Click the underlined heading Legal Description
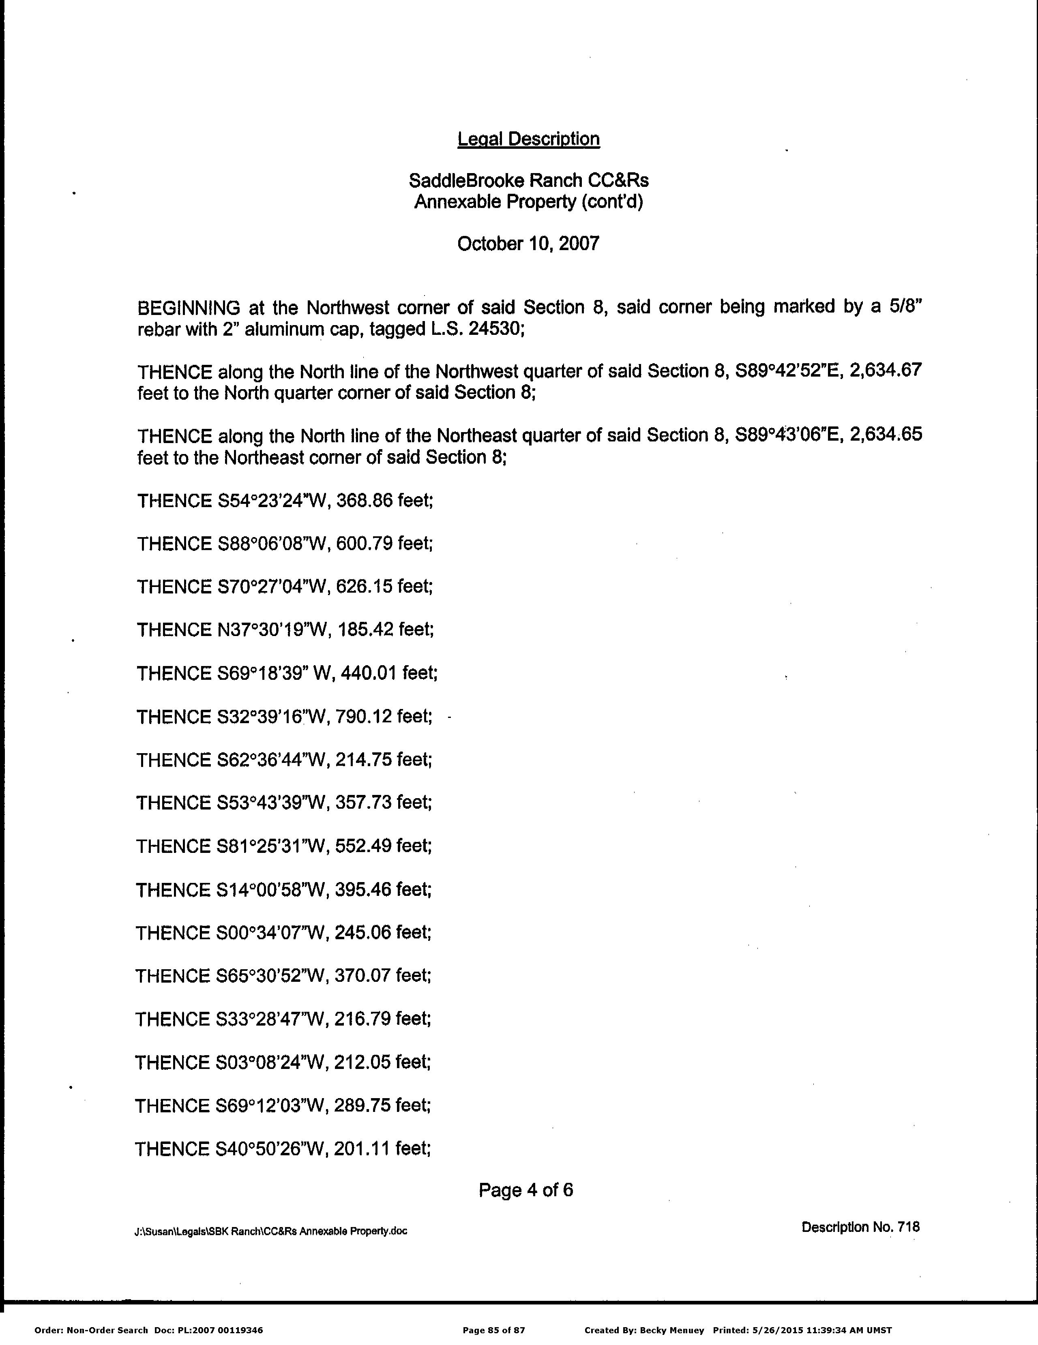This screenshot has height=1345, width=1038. coord(528,139)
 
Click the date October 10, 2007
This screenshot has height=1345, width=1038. coord(528,244)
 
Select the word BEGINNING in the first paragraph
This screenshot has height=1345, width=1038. coord(189,307)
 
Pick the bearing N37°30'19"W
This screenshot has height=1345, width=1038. coord(272,630)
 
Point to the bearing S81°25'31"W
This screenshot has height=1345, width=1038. coord(270,846)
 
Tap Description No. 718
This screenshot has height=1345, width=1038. coord(860,1227)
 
